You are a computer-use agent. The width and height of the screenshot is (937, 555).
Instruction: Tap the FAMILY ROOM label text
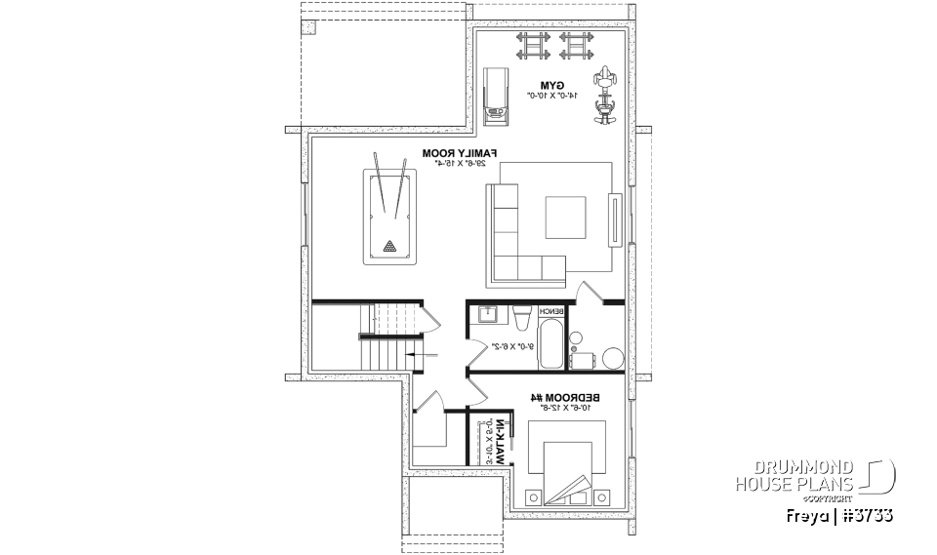click(x=461, y=153)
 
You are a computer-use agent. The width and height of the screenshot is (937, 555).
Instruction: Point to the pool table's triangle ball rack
click(x=390, y=246)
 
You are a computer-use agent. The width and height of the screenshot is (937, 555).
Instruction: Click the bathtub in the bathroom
click(x=550, y=343)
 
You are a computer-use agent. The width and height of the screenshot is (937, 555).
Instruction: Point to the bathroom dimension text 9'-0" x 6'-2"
click(x=513, y=346)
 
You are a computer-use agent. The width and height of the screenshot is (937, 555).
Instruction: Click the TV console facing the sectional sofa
click(x=616, y=220)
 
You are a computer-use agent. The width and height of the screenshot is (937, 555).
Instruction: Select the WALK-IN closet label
click(x=497, y=440)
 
